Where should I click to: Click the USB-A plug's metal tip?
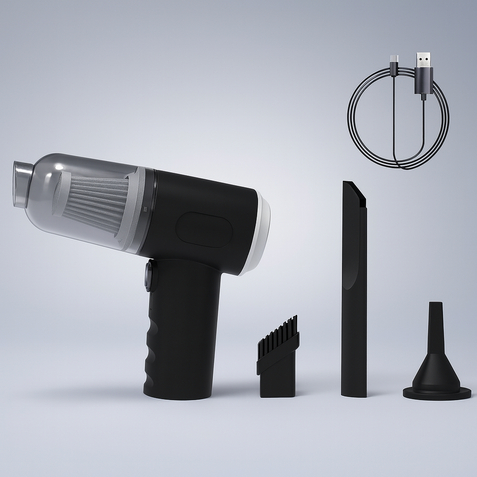pos(423,60)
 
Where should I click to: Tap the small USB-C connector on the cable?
pos(394,60)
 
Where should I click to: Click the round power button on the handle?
pos(150,276)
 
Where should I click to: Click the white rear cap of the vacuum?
pos(263,233)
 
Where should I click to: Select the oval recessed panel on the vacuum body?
pos(204,230)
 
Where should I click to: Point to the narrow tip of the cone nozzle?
pos(435,310)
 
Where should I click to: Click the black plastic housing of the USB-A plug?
pos(423,81)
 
